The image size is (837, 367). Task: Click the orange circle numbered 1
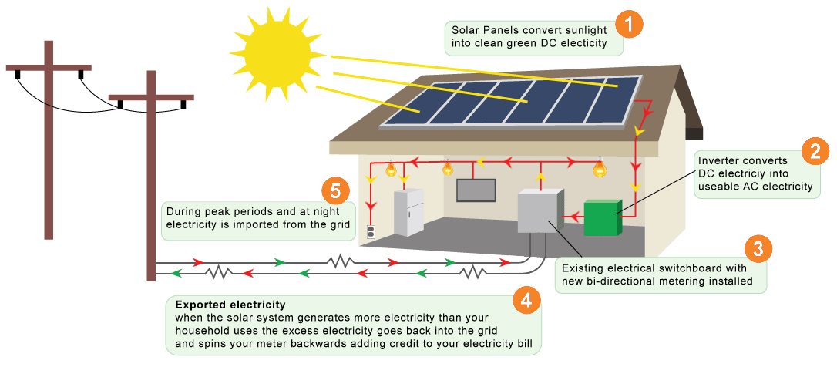[630, 24]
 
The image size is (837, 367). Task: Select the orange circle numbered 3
[758, 248]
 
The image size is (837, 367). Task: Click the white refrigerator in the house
[408, 212]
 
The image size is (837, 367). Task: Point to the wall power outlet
[371, 231]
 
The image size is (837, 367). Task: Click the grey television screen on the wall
[476, 190]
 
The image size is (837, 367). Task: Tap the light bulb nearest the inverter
[599, 167]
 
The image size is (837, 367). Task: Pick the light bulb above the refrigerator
[391, 167]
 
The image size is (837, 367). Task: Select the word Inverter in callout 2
[718, 160]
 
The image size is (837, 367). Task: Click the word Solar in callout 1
[465, 30]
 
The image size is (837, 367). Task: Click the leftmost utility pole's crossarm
[49, 69]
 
